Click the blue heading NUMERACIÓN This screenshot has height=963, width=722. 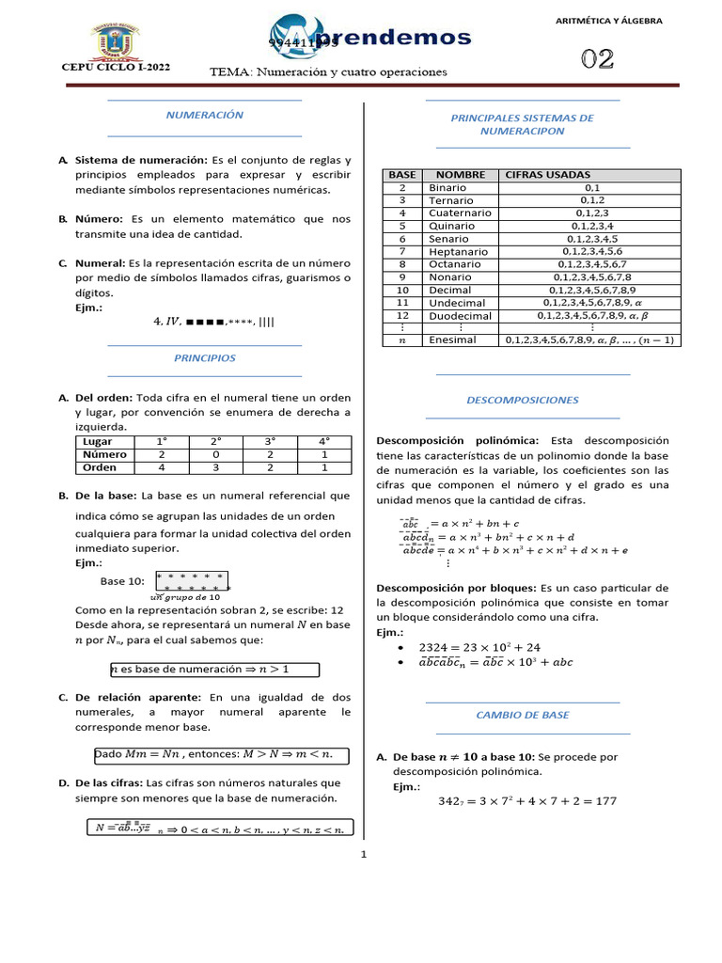205,115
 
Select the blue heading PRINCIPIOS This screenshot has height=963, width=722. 205,358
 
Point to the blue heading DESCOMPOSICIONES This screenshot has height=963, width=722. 523,400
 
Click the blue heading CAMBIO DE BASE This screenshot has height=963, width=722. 523,715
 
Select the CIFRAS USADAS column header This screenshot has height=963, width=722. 548,175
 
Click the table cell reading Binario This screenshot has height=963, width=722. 447,188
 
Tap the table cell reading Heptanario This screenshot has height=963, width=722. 458,251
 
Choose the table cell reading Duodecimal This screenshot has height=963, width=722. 460,316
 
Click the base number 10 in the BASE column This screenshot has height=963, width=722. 402,290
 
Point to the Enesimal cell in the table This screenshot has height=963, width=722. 452,339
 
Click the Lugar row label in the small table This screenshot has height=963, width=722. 98,441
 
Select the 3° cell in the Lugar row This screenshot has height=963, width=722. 270,441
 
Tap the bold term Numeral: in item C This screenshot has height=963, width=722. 100,263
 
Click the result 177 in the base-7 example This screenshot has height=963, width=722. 605,801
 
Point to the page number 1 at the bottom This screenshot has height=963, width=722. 363,855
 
